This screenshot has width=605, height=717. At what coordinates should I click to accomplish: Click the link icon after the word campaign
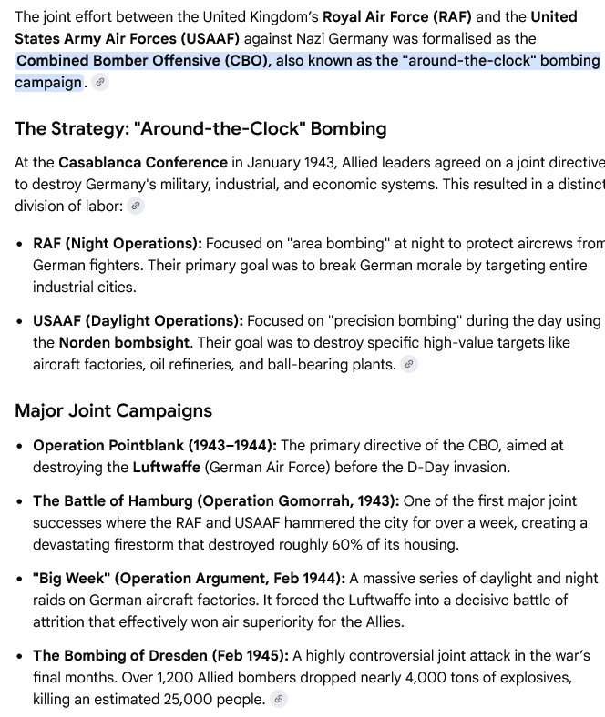coord(100,83)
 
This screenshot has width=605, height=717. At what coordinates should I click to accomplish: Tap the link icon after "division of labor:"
coord(136,207)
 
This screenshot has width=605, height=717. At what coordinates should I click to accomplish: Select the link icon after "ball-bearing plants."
coord(409,365)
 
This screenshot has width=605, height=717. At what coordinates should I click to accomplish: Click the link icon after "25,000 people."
coord(280,700)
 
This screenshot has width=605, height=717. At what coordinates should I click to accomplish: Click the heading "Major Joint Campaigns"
coord(113,410)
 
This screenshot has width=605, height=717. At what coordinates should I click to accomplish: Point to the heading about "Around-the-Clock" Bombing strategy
coord(200,128)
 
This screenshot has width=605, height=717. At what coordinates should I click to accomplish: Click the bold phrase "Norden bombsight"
coord(124,343)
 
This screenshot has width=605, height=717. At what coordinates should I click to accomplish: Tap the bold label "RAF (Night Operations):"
coord(118,244)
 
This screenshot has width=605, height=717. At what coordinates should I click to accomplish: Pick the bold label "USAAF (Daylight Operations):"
coord(138,321)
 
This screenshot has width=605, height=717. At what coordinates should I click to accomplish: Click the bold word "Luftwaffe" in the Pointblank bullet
coord(165,467)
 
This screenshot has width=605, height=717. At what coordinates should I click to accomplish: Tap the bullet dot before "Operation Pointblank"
coord(20,446)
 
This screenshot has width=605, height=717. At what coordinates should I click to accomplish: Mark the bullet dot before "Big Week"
coord(20,579)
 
